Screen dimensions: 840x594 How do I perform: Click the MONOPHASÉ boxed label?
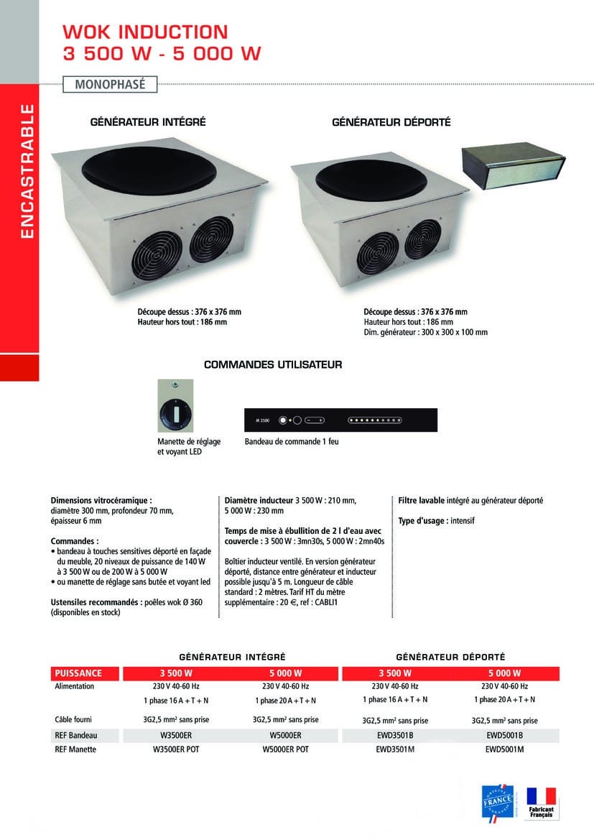tap(110, 84)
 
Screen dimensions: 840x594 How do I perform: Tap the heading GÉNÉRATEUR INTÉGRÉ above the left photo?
tap(148, 123)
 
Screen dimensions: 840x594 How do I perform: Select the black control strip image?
tap(341, 420)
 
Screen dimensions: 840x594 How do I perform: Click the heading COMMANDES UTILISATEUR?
tap(273, 365)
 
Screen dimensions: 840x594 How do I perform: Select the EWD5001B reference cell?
tap(504, 735)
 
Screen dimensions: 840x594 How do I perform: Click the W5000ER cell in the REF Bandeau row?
tap(285, 735)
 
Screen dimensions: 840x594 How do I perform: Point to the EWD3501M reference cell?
tap(395, 749)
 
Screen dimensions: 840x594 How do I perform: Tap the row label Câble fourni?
tap(73, 719)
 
